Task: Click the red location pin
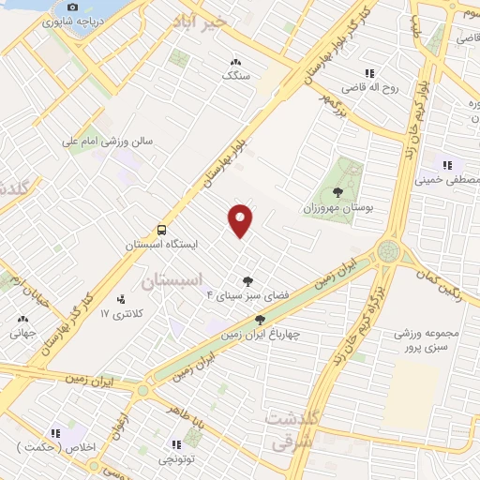[x=241, y=219]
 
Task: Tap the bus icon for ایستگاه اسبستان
[x=161, y=229]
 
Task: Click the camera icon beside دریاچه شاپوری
[x=73, y=7]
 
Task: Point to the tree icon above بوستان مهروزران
[x=337, y=192]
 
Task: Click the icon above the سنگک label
[x=233, y=62]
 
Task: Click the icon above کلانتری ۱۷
[x=120, y=299]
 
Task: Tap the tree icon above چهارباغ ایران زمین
[x=260, y=320]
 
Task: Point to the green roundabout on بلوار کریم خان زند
[x=388, y=250]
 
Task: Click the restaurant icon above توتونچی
[x=175, y=444]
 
